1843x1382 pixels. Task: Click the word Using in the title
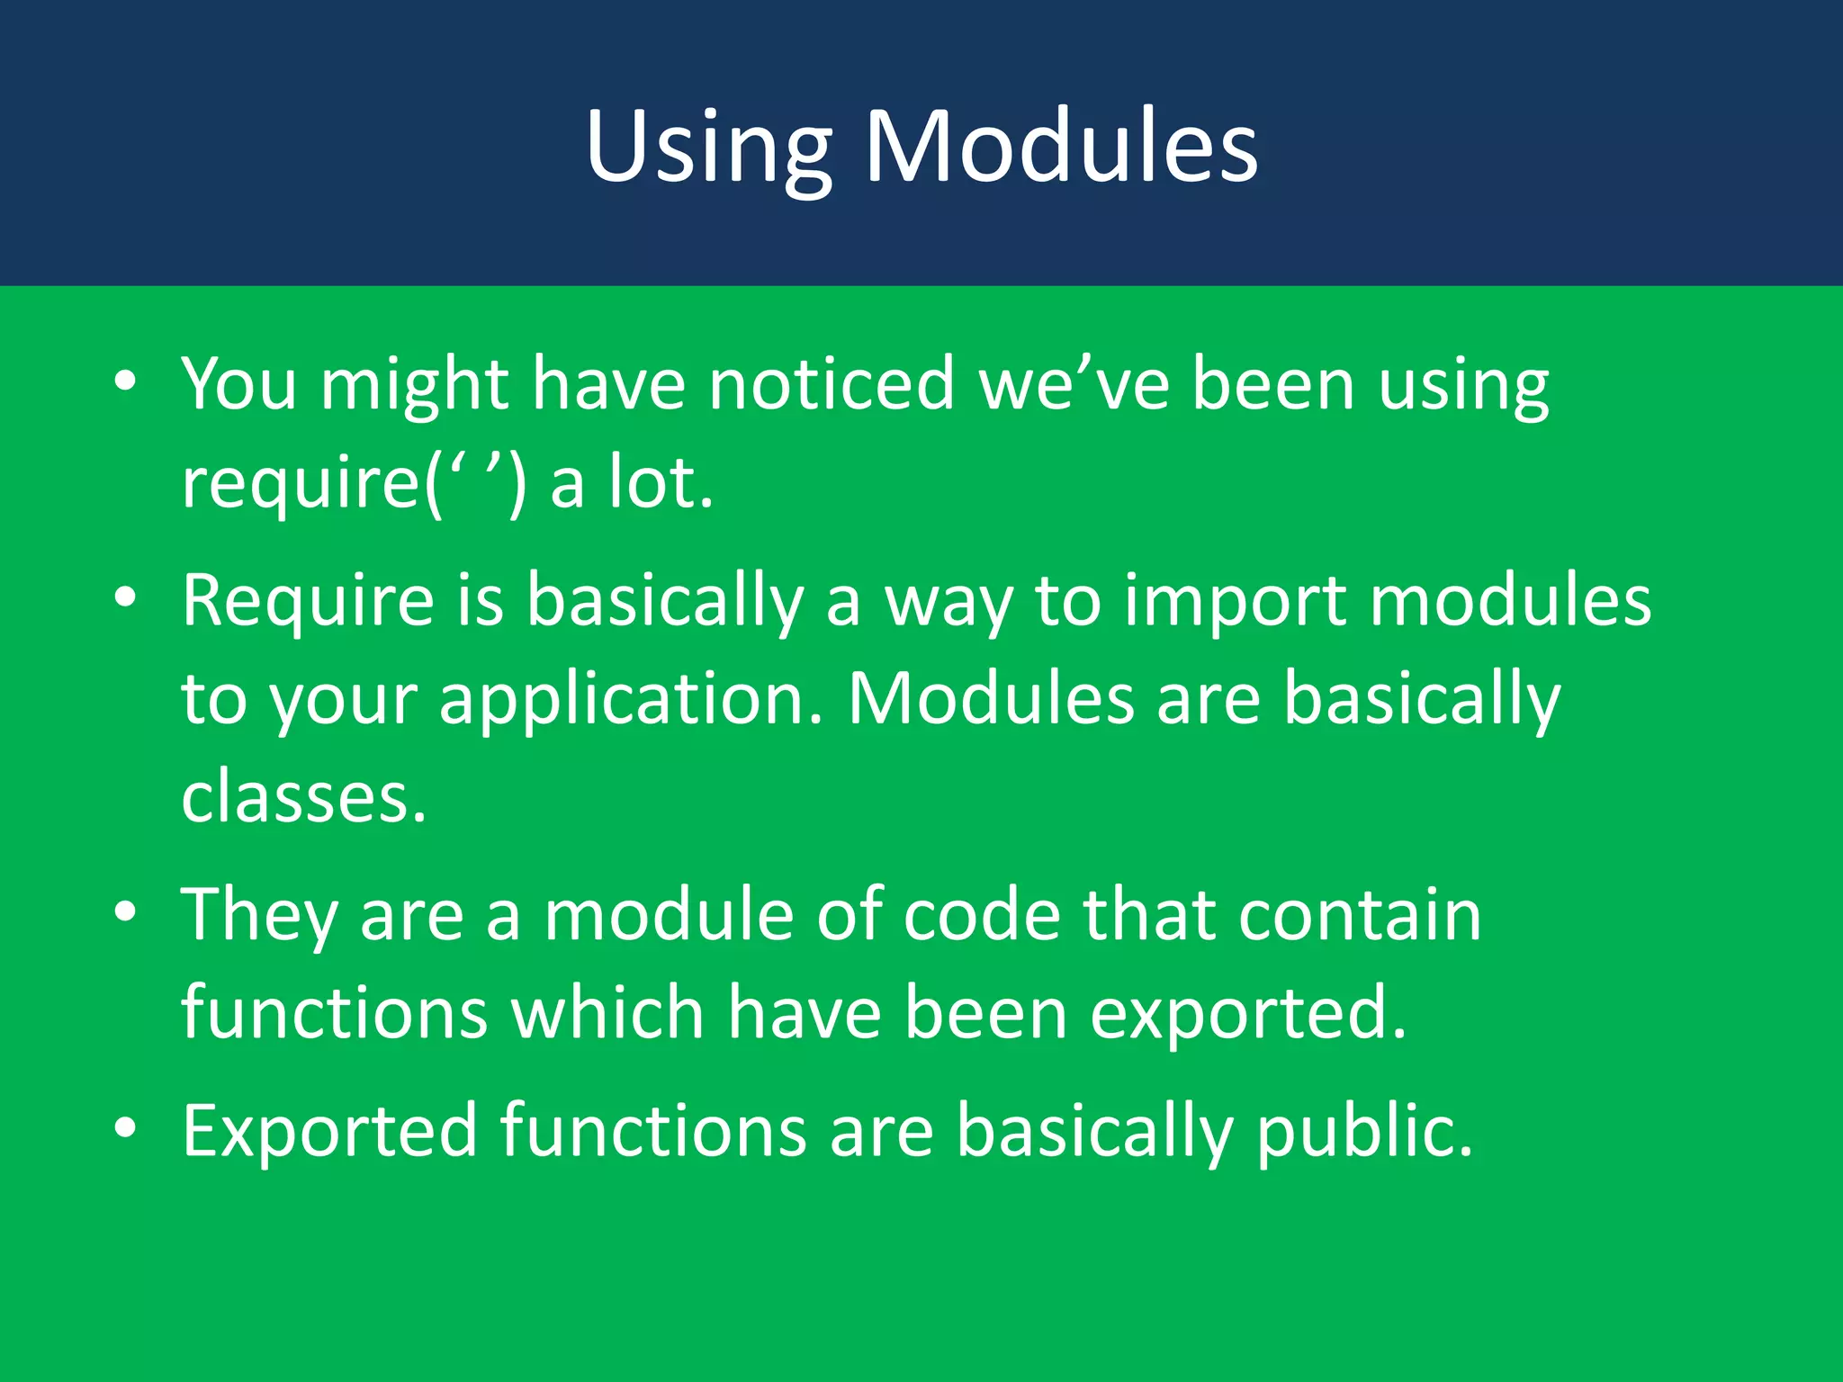click(x=708, y=147)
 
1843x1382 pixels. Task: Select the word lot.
click(x=661, y=482)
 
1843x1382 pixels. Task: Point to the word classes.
click(x=303, y=797)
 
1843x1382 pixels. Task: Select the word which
click(x=607, y=1013)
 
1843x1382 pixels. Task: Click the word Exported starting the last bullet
click(x=329, y=1130)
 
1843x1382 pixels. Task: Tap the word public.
click(x=1364, y=1132)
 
